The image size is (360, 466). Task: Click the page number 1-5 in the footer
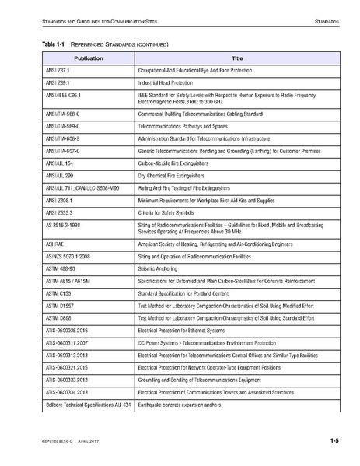click(x=334, y=441)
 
